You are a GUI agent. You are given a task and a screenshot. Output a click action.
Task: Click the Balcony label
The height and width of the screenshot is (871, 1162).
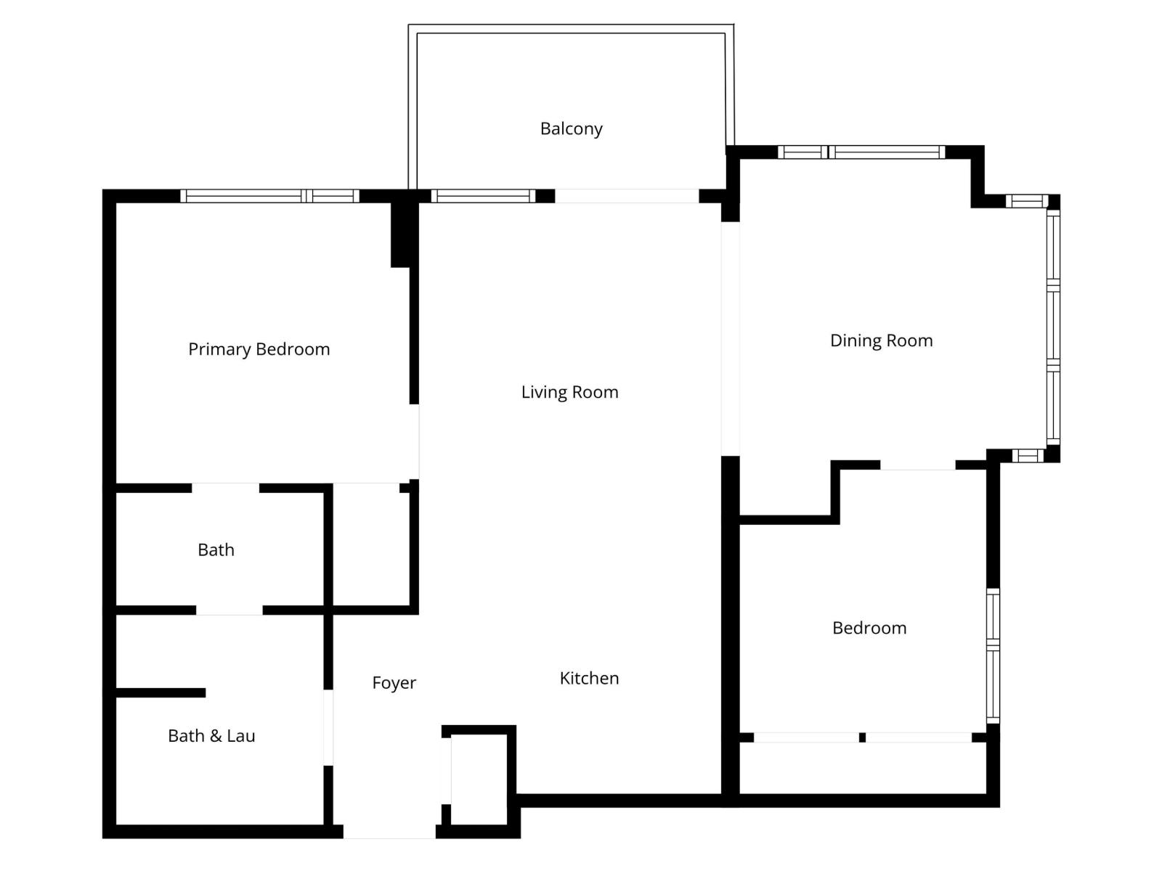click(572, 129)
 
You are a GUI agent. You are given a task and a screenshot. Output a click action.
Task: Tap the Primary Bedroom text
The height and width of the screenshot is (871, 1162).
click(259, 350)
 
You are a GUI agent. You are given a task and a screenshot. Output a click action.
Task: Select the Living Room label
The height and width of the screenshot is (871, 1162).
click(570, 393)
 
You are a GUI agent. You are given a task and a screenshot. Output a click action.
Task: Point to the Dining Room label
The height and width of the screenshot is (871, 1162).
click(881, 341)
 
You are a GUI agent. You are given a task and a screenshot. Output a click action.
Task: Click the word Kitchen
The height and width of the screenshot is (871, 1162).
click(589, 679)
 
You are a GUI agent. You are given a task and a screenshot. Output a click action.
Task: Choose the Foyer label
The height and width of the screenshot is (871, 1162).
click(394, 683)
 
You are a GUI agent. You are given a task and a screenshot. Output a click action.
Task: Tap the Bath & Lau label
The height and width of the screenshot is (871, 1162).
click(211, 736)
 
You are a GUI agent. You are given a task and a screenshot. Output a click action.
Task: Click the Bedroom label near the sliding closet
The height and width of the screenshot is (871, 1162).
click(869, 629)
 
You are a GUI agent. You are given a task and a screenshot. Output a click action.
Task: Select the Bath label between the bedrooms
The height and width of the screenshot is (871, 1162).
click(216, 550)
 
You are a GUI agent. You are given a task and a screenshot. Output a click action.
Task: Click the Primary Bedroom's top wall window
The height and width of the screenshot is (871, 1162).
click(269, 196)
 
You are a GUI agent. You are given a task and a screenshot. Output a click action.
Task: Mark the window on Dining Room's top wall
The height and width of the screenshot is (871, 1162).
click(861, 152)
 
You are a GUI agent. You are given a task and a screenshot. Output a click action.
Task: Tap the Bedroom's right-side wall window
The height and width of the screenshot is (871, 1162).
click(993, 655)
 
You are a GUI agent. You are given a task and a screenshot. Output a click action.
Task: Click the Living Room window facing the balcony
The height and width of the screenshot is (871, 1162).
click(483, 196)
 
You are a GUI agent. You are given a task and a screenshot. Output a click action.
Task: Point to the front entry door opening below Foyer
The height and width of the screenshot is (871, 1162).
click(389, 832)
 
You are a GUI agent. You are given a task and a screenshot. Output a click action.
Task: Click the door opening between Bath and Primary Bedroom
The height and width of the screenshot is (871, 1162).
click(225, 488)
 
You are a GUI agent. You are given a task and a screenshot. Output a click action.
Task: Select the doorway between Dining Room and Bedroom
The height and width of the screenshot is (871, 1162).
click(918, 465)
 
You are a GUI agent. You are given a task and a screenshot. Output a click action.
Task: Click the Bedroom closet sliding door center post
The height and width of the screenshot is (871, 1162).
click(862, 737)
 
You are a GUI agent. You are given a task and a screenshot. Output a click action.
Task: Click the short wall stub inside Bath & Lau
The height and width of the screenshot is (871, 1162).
click(161, 693)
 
